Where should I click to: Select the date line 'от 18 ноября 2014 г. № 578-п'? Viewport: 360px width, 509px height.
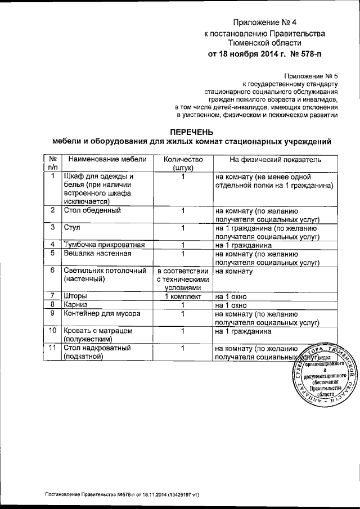point(266,55)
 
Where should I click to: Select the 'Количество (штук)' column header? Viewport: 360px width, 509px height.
point(183,164)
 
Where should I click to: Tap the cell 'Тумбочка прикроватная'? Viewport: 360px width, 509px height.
point(105,245)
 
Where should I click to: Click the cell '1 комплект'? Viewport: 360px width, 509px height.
point(183,295)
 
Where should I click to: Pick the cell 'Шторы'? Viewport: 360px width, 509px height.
point(75,295)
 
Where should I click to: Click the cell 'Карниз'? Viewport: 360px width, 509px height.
point(76,304)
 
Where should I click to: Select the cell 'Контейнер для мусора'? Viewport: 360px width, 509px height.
point(102,313)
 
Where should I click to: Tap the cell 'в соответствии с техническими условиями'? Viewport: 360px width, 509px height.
point(183,279)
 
